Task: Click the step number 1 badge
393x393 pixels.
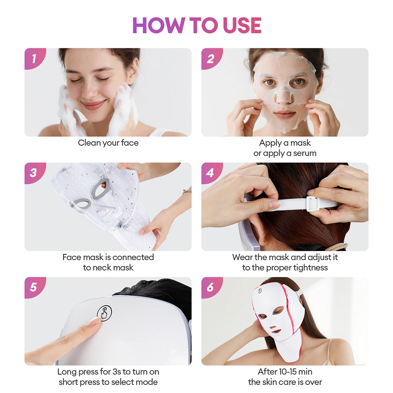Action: pos(33,59)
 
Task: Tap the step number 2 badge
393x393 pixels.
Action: pos(210,59)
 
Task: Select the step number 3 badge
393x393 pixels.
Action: pos(33,173)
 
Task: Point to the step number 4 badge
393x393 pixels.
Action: pos(210,173)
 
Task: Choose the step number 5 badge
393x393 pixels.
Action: pos(33,287)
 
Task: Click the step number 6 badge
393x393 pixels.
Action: pos(210,287)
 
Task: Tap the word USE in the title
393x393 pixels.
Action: pos(242,26)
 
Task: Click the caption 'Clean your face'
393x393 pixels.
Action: pos(108,143)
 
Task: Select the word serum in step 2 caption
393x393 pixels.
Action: pos(303,153)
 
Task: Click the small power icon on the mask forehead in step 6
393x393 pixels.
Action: pos(259,291)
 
